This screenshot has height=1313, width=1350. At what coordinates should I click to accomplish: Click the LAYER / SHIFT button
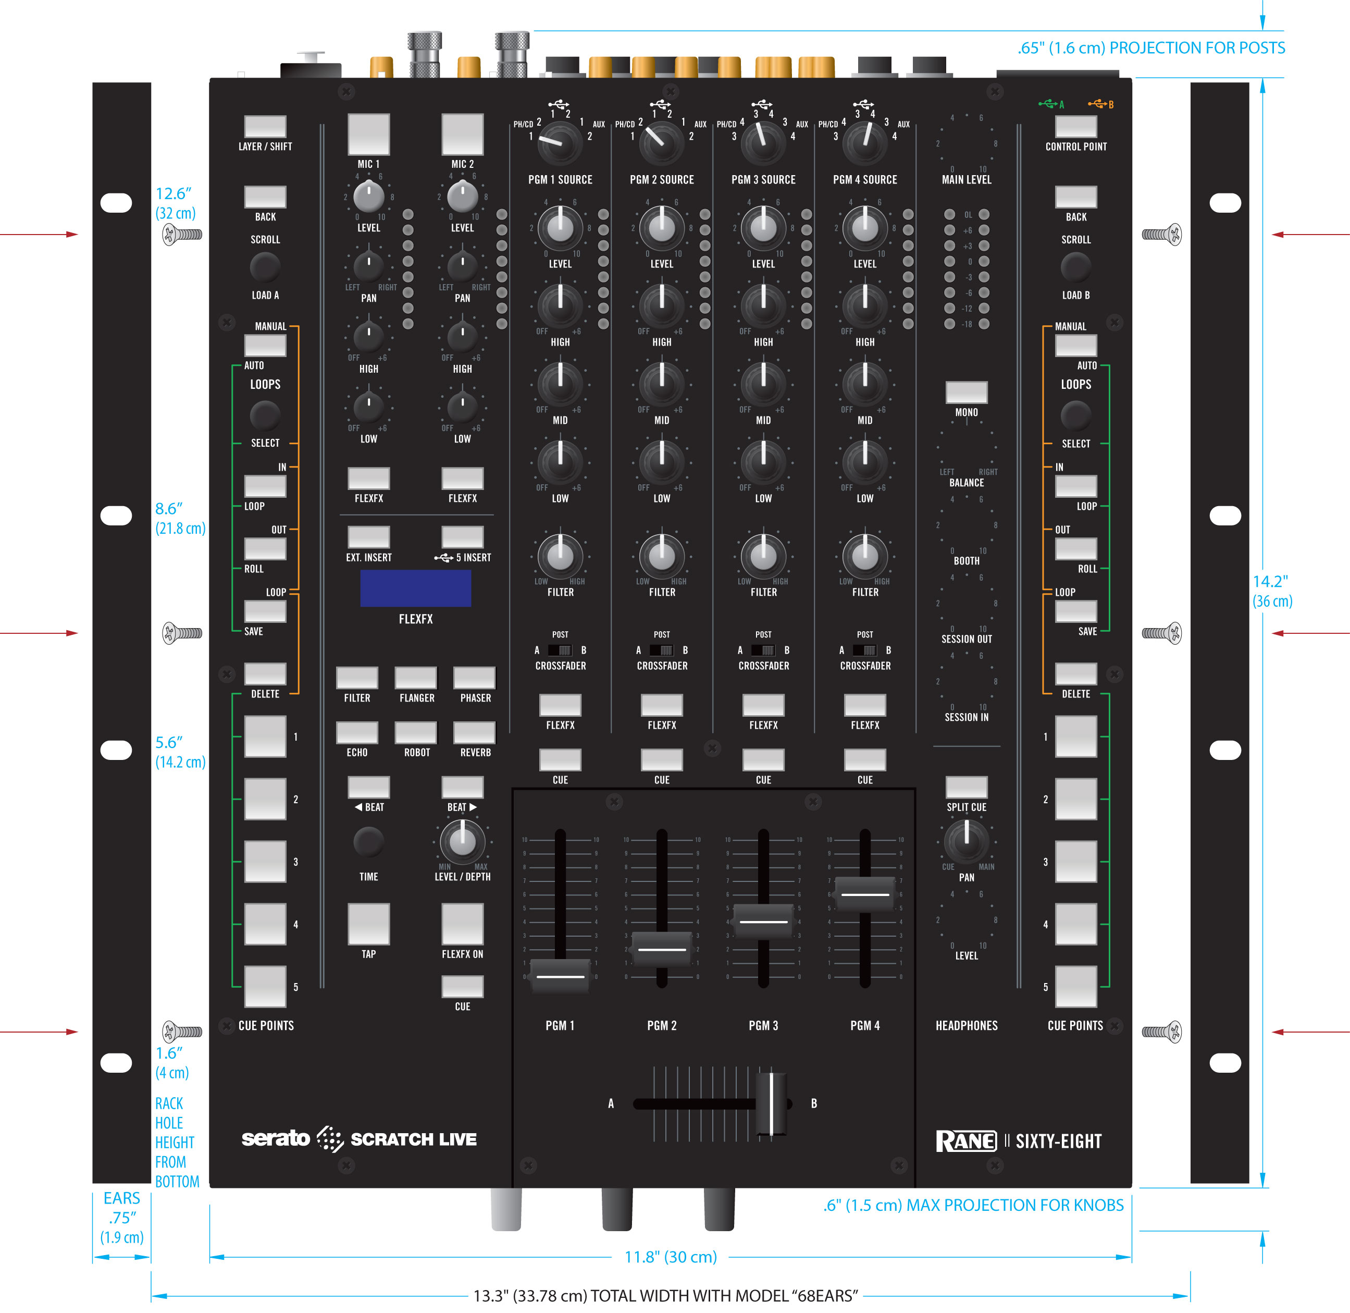265,126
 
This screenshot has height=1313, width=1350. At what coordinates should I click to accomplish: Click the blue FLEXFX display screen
415,588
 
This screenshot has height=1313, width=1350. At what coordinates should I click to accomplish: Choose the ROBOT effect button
416,732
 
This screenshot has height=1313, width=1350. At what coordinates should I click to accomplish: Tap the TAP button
368,924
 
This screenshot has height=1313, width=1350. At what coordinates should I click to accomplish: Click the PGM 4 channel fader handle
864,894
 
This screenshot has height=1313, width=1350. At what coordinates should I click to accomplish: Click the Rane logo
966,1142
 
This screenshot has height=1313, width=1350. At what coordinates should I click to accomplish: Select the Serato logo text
276,1138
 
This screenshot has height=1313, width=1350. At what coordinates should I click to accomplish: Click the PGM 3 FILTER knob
763,556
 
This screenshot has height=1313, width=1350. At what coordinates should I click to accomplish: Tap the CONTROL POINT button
1075,126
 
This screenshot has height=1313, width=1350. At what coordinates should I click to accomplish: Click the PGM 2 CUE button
661,760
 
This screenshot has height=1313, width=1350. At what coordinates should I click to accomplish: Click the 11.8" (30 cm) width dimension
670,1257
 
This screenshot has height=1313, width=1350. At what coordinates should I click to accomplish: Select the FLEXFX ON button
462,924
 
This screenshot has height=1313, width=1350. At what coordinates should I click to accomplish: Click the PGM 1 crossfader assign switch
560,651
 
